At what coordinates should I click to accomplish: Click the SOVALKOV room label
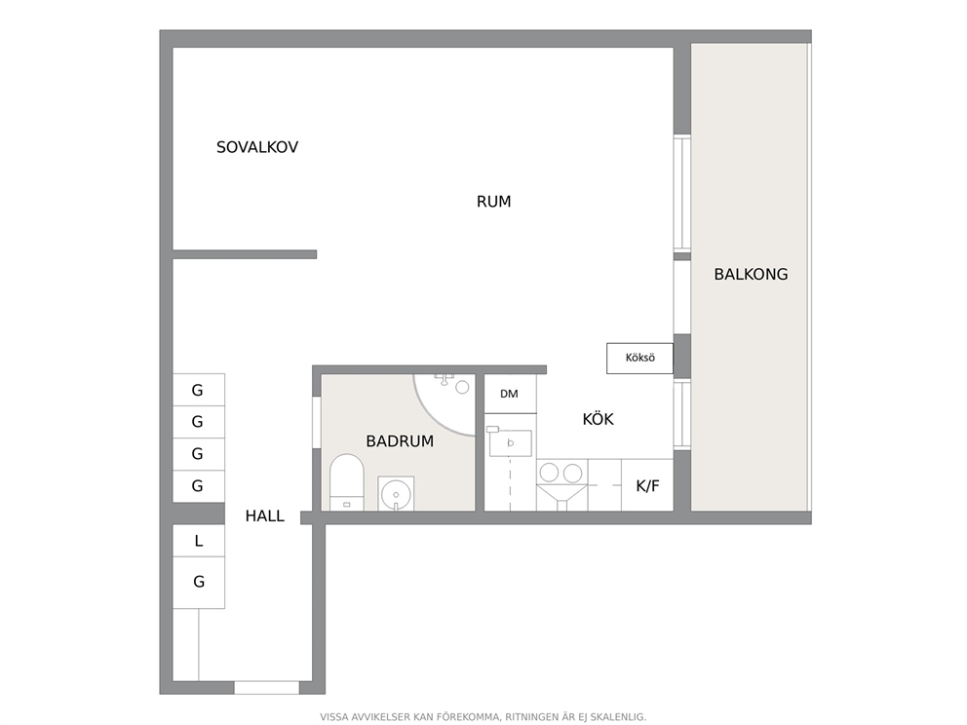257,147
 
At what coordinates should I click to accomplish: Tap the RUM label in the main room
493,202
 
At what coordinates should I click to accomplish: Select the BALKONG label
751,275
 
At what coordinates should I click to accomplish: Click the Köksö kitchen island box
639,359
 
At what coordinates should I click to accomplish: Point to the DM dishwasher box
510,394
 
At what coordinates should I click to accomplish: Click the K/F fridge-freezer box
647,485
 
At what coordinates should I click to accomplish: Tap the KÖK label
598,419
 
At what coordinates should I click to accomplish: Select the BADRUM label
400,441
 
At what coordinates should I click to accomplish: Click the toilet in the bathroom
347,482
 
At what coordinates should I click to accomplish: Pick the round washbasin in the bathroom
396,493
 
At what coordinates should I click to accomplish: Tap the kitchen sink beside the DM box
510,442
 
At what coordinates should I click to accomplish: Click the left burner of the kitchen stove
549,473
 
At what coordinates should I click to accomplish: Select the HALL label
264,516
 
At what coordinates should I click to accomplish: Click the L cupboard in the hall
199,541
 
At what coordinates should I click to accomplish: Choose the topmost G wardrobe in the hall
199,390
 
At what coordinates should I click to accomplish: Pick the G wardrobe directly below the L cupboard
199,583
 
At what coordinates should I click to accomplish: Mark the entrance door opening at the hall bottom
266,687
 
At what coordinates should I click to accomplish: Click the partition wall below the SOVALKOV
245,254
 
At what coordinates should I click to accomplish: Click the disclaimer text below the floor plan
483,717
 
